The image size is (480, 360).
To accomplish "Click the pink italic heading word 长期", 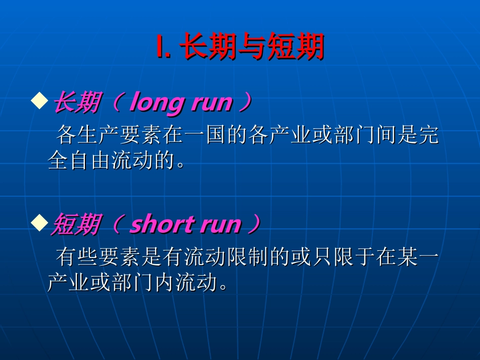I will click(x=75, y=103).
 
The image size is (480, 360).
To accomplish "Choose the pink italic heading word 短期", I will click(x=74, y=224).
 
